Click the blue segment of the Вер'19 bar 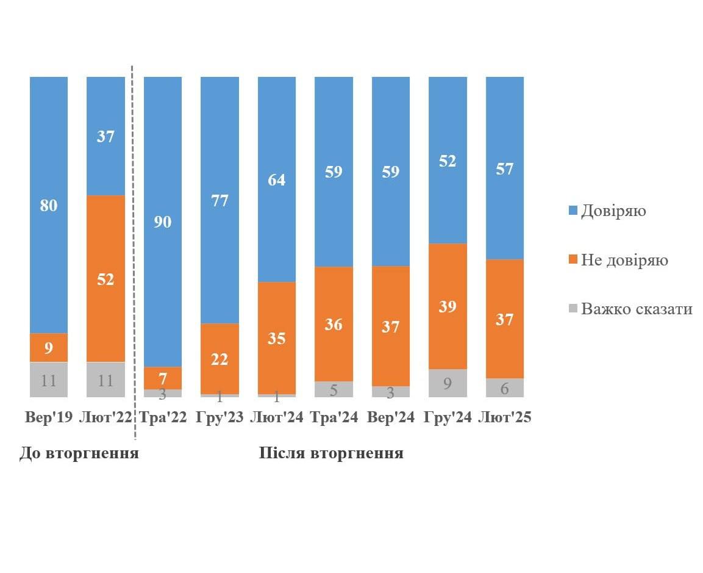tap(49, 204)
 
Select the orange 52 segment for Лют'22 tap(105, 278)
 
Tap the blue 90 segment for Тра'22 tap(162, 221)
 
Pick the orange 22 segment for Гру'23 tap(219, 359)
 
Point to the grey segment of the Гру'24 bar tap(448, 383)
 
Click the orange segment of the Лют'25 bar tap(505, 319)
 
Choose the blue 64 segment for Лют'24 tap(277, 179)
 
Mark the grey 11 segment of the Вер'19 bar tap(49, 380)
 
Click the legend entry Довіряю tap(613, 211)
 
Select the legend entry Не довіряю tap(624, 260)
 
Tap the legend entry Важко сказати tap(636, 309)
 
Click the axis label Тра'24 tap(334, 417)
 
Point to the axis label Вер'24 tap(391, 417)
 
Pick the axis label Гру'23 tap(219, 417)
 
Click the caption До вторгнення tap(79, 453)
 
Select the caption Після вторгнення tap(331, 453)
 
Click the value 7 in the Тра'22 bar tap(162, 377)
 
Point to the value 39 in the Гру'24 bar tap(448, 306)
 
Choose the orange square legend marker tap(573, 260)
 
